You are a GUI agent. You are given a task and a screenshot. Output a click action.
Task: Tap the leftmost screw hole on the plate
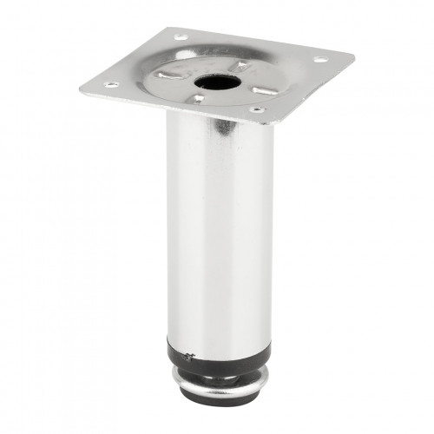(110, 85)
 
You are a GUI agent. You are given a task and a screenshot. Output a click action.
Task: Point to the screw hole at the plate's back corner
(181, 37)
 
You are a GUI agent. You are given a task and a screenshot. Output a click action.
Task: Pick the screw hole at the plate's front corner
(256, 110)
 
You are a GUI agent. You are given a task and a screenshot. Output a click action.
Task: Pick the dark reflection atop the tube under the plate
(224, 127)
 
